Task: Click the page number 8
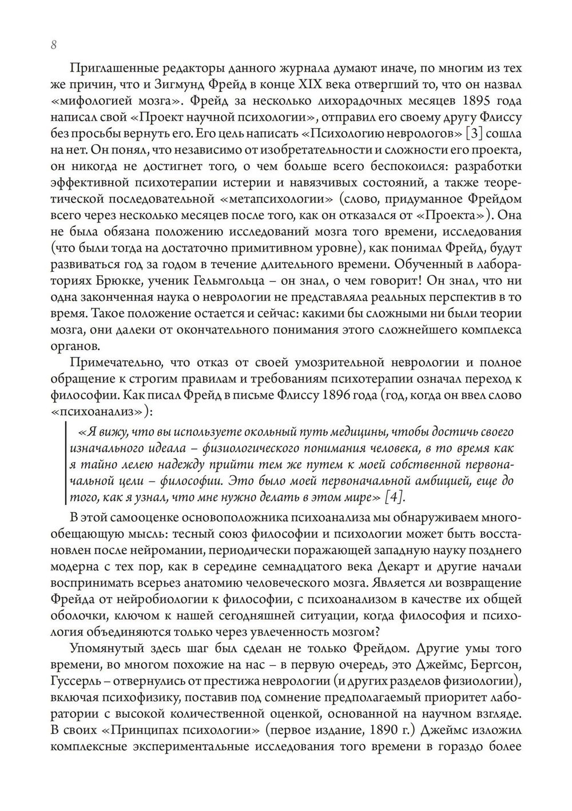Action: point(53,45)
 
